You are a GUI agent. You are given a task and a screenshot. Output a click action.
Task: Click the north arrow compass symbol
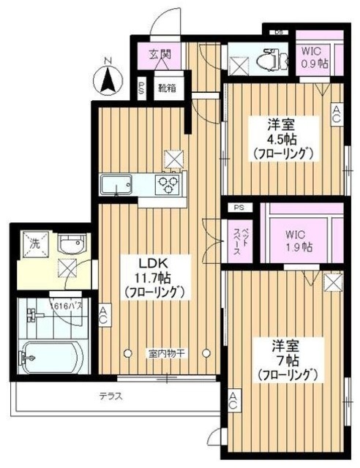point(107,76)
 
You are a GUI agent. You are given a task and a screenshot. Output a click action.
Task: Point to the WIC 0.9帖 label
point(315,58)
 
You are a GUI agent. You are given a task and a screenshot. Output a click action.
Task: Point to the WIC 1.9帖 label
point(299,241)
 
